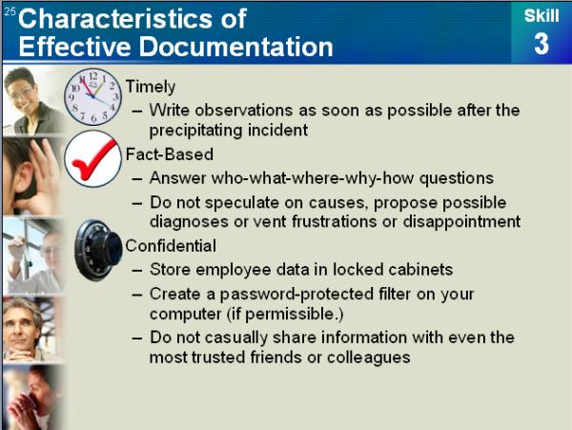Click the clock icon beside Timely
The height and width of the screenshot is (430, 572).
pos(92,96)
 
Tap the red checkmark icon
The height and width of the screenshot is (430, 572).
pos(92,159)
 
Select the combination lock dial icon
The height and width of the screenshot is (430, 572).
pos(98,250)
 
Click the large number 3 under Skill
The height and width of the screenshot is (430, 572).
pos(541,45)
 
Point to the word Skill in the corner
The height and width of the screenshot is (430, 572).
pos(541,15)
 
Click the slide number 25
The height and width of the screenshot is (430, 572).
pos(10,10)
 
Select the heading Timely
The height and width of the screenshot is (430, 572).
pos(151,87)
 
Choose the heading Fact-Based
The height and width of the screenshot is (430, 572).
pos(170,154)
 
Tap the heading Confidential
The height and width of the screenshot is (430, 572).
pos(171,245)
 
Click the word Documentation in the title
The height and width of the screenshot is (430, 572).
pos(236,47)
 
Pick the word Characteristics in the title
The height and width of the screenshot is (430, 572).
pos(114,18)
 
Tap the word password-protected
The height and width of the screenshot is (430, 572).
pos(296,294)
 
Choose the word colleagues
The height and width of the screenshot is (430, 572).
pos(368,358)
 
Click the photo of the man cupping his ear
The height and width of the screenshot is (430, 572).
pos(32,176)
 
